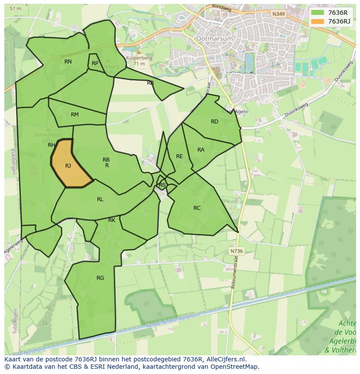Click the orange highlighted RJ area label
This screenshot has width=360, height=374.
68,166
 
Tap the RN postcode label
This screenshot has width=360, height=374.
68,62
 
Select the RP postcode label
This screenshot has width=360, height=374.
95,63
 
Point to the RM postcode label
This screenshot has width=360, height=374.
75,115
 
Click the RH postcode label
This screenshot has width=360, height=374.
51,145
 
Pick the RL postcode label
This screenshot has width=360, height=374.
100,199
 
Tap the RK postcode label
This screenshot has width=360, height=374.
112,220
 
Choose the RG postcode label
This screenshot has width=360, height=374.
100,278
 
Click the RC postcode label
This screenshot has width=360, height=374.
197,208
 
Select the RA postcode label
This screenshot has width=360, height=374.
201,150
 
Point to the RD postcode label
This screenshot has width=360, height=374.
214,122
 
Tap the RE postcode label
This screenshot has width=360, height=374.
179,156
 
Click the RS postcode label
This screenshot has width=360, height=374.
162,185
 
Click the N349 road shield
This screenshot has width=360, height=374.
278,14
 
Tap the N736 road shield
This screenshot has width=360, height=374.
237,251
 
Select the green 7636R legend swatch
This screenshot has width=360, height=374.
318,12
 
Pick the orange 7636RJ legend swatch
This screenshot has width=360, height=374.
318,21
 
